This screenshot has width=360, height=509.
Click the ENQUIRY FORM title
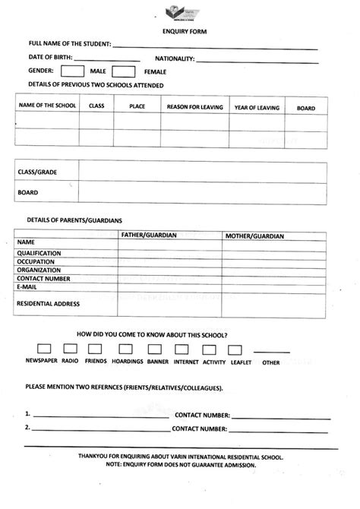click(179, 32)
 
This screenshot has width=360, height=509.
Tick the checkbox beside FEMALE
click(123, 71)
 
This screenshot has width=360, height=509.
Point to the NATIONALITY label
click(175, 58)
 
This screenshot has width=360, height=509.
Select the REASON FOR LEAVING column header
click(195, 108)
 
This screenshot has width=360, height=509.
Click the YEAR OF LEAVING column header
click(257, 108)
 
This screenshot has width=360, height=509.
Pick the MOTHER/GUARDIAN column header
click(254, 236)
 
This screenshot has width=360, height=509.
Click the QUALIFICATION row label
click(39, 253)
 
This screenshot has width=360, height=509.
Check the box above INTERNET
click(182, 349)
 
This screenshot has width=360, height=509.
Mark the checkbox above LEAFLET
click(235, 349)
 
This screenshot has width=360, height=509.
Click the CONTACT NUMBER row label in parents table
click(44, 279)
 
